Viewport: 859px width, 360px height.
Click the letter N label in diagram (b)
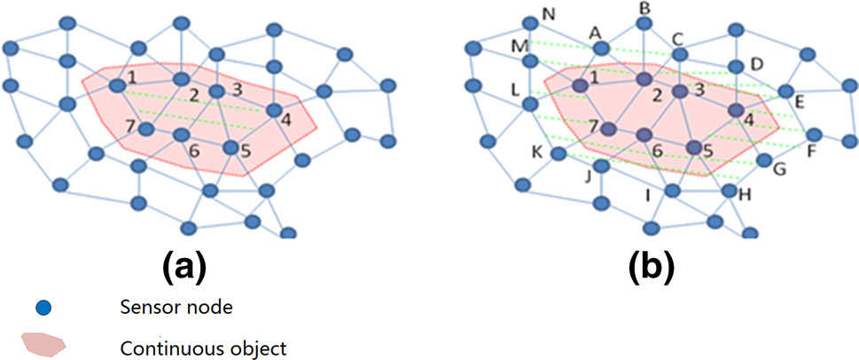coord(547,15)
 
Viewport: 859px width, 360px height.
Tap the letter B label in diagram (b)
coord(645,8)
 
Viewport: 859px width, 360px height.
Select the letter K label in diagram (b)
coord(535,152)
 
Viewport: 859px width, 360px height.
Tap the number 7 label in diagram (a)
coord(130,126)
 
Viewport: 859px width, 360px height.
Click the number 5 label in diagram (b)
coord(707,151)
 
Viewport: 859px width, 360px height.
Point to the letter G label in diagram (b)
coord(779,168)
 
